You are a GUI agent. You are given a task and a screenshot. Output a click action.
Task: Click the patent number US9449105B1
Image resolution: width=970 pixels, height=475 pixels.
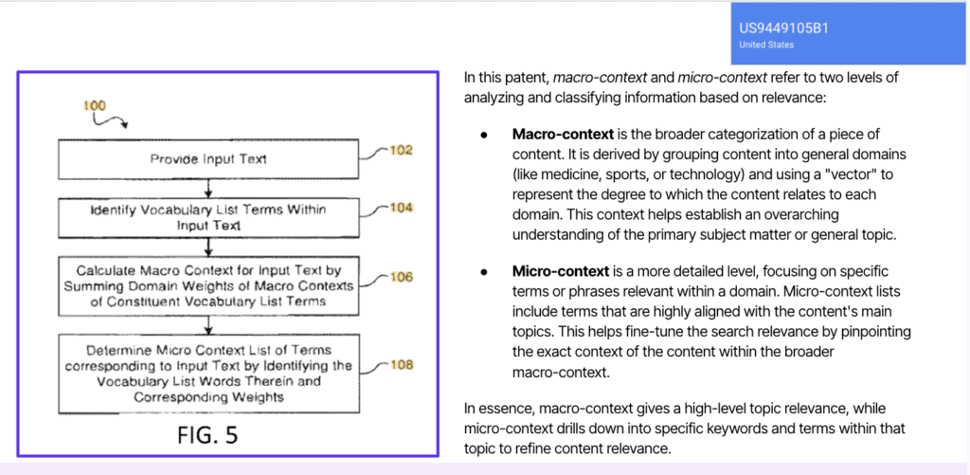click(x=783, y=28)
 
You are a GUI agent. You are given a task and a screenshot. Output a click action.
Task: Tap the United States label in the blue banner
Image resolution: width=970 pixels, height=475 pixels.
click(x=766, y=45)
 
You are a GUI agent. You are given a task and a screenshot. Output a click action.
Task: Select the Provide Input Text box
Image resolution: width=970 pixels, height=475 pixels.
click(x=208, y=159)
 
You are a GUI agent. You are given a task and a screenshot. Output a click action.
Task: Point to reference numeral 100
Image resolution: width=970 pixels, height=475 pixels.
click(x=95, y=105)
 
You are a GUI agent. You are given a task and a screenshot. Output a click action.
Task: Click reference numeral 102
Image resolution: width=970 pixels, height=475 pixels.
click(x=401, y=149)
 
